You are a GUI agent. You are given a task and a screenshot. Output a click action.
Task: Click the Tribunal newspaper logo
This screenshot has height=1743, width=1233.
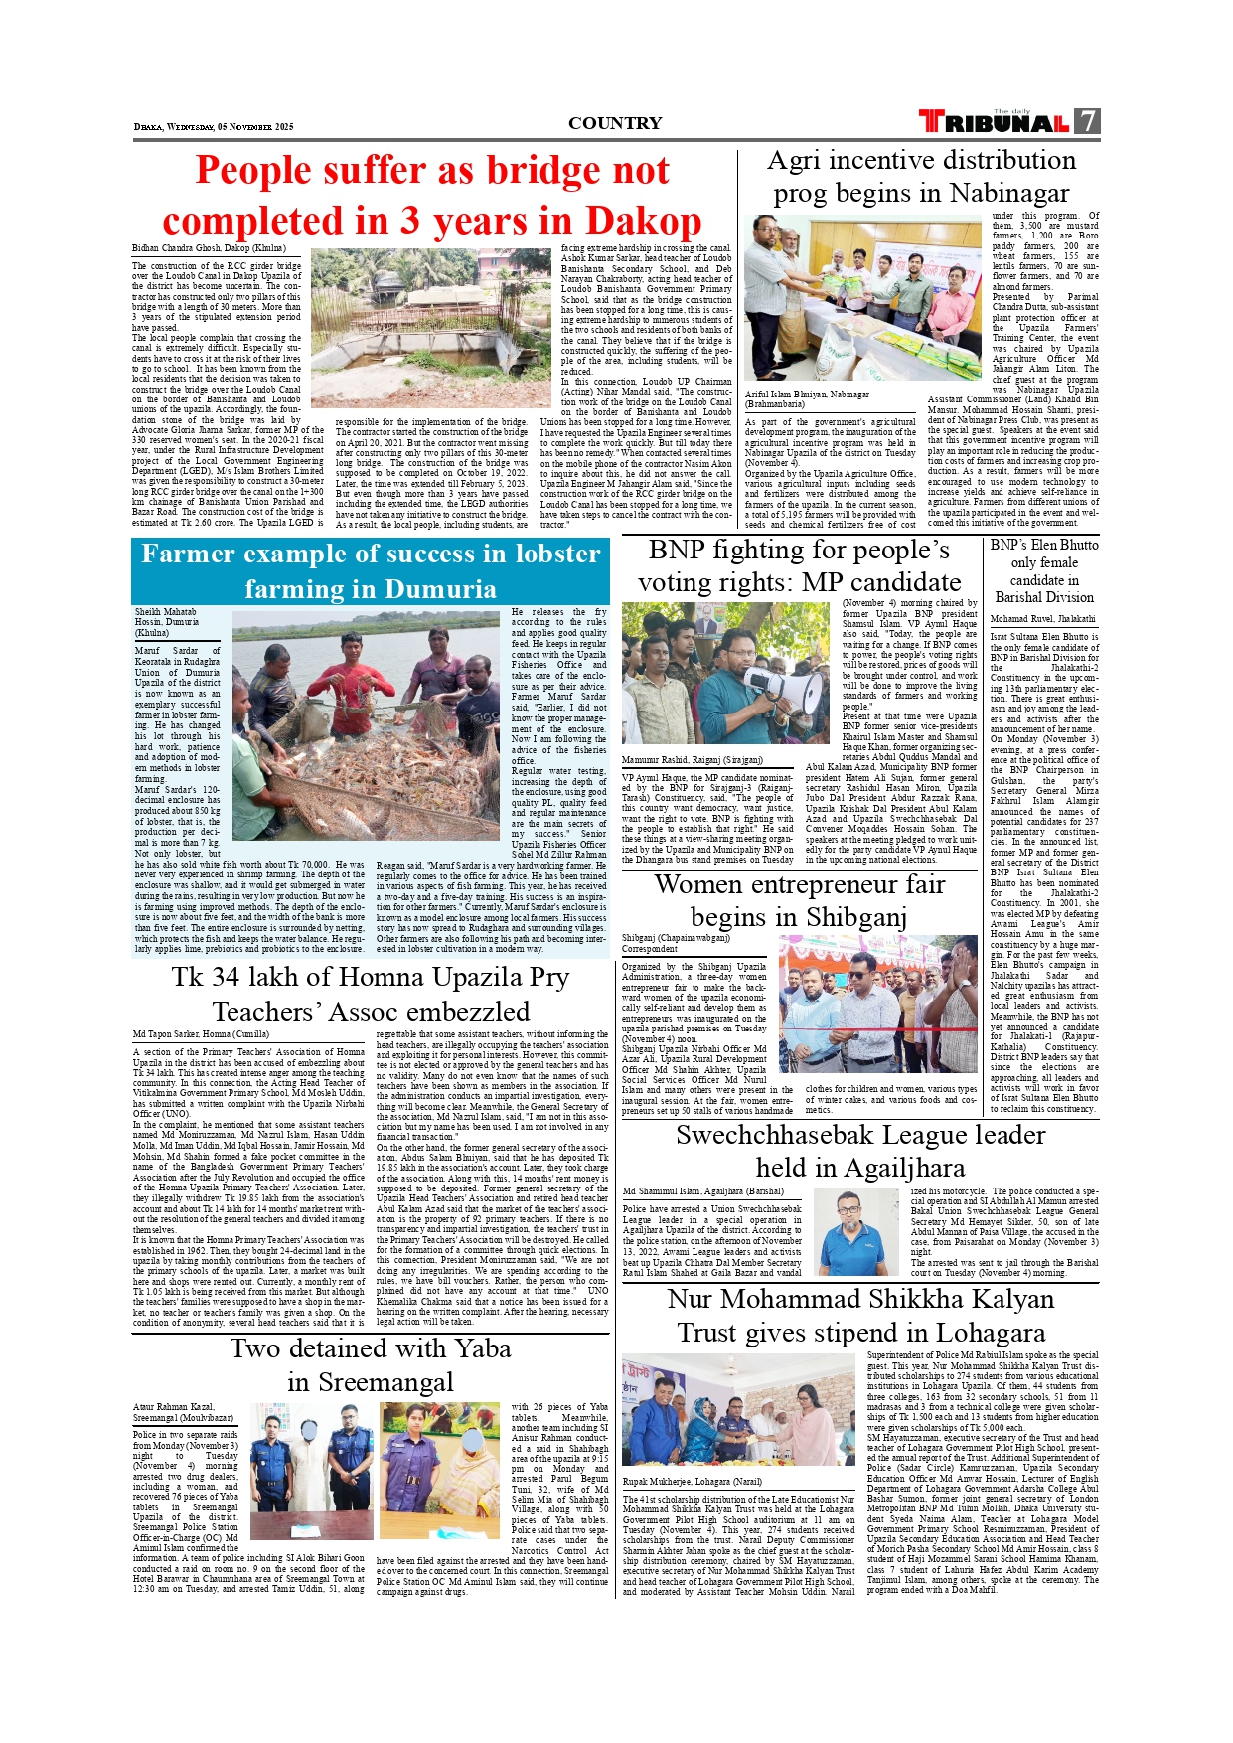click(x=994, y=122)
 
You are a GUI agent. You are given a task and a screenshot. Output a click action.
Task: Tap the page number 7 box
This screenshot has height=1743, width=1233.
click(x=1089, y=121)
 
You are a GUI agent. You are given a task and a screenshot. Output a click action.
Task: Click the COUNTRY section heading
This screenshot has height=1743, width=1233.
click(x=615, y=123)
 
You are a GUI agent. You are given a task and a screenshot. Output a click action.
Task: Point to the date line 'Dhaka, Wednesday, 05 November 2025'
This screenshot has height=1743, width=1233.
click(x=214, y=127)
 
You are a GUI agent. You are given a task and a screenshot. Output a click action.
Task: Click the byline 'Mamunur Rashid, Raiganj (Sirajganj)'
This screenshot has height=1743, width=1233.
click(x=693, y=760)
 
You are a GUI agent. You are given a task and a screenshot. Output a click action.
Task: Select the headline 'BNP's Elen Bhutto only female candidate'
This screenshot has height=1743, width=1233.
click(x=1044, y=570)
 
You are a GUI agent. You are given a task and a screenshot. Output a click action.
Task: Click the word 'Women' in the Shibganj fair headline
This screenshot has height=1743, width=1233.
click(x=700, y=884)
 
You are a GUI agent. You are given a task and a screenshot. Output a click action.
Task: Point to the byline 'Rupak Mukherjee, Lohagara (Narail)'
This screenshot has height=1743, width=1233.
click(x=692, y=1481)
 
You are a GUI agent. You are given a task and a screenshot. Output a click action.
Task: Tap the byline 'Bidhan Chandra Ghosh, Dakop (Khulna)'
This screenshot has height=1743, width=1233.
click(x=209, y=248)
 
